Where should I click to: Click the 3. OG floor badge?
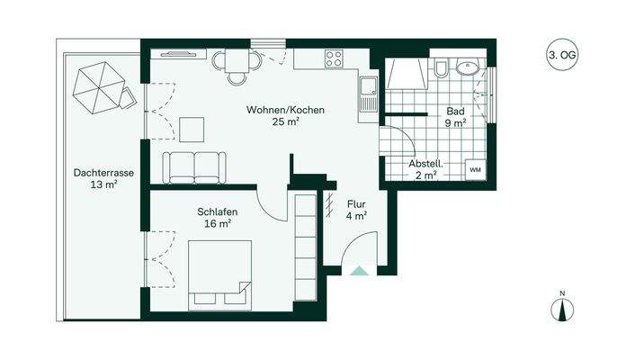click(563, 56)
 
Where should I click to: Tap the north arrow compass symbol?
click(561, 308)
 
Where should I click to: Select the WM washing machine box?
click(474, 169)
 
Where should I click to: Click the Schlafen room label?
click(216, 212)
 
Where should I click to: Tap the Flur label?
click(356, 203)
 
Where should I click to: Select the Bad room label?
click(454, 112)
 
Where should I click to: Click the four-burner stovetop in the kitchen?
click(333, 60)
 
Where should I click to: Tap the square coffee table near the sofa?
click(192, 130)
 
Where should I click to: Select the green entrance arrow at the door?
click(359, 270)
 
